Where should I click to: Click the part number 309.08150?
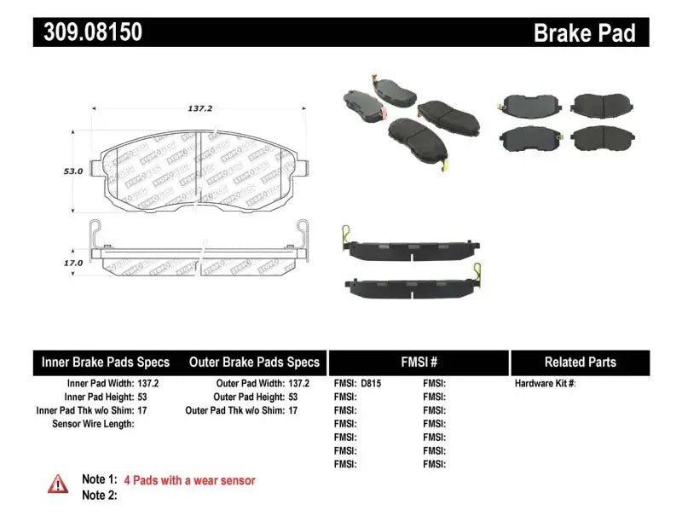pyautogui.click(x=88, y=32)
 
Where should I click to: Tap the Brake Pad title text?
pyautogui.click(x=584, y=33)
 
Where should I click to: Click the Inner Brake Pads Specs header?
pyautogui.click(x=106, y=363)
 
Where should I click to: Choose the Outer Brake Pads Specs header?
pyautogui.click(x=254, y=363)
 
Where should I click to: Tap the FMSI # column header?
pyautogui.click(x=419, y=363)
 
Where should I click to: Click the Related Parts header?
pyautogui.click(x=580, y=363)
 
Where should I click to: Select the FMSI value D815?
pyautogui.click(x=371, y=384)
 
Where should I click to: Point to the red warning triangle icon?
pyautogui.click(x=57, y=483)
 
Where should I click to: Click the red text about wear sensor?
pyautogui.click(x=189, y=480)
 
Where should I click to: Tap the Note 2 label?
pyautogui.click(x=99, y=495)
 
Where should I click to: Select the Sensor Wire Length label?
pyautogui.click(x=93, y=423)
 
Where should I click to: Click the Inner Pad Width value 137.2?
pyautogui.click(x=147, y=384)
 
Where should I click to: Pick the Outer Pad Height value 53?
pyautogui.click(x=292, y=397)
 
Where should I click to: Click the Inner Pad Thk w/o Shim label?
pyautogui.click(x=84, y=410)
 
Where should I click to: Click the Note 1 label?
pyautogui.click(x=99, y=480)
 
